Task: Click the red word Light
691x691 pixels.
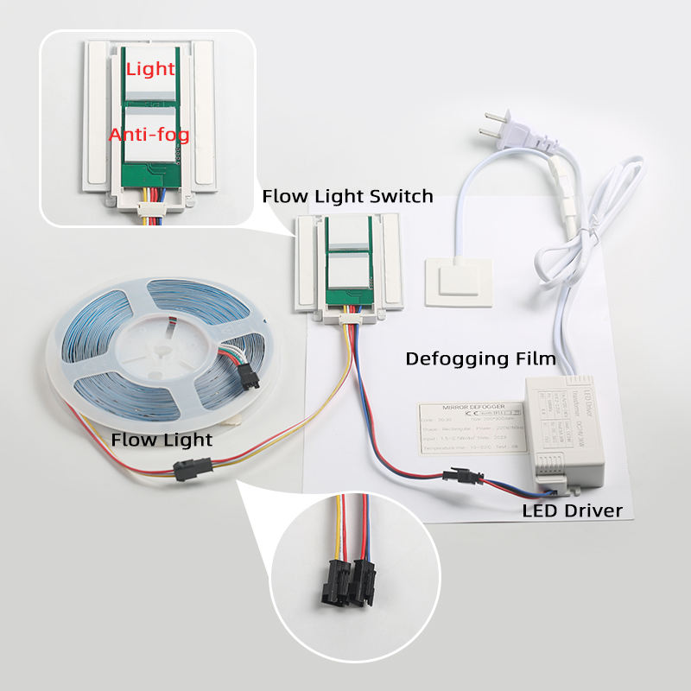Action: point(150,68)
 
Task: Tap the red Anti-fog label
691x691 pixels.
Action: point(149,135)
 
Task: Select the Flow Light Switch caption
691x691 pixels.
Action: point(347,197)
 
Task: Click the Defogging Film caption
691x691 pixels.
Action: point(480,358)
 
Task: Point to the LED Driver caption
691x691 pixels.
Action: point(572,510)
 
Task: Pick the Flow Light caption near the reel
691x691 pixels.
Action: point(162,441)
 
